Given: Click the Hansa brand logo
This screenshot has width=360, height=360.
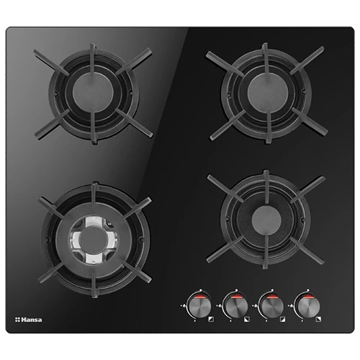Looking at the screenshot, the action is pos(29,320).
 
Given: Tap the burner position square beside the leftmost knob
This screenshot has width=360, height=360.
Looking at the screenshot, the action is pos(211,319).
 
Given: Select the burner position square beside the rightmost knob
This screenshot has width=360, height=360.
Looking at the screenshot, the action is pos(318,319).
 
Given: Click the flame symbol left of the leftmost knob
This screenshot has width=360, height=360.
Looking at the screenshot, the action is pos(184,305).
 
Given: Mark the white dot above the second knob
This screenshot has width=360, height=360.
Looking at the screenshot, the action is pos(236,290).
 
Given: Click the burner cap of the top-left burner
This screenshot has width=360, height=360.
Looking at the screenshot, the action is pos(93,92).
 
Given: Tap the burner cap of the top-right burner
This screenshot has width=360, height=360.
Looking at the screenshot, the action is pos(267,93).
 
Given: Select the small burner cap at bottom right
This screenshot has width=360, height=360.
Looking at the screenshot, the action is pos(266,220).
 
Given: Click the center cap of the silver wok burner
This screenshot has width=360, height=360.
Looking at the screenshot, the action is pos(93,240).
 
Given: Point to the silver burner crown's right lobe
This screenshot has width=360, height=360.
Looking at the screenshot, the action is pos(113,240).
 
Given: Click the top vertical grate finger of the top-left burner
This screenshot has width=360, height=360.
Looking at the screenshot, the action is pos(93,59).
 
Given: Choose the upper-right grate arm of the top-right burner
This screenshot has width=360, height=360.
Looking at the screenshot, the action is pos(307,60).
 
